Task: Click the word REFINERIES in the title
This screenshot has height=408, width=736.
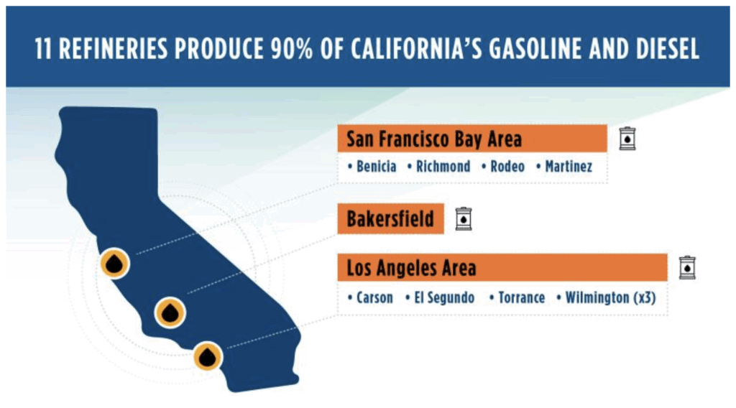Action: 113,49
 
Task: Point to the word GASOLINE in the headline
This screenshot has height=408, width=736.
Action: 535,49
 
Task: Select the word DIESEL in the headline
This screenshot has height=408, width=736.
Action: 668,49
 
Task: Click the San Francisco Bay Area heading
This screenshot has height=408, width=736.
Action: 433,139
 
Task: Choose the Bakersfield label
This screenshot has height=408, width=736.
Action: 390,219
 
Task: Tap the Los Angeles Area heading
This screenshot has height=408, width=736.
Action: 411,268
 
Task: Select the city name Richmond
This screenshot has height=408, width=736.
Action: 443,167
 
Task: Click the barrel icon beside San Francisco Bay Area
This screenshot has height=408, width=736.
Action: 627,139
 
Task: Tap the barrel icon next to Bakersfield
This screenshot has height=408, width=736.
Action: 464,219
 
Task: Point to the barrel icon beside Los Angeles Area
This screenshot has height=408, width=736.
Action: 687,268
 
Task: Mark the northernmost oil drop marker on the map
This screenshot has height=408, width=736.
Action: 114,263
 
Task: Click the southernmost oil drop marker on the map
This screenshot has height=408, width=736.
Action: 208,356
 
